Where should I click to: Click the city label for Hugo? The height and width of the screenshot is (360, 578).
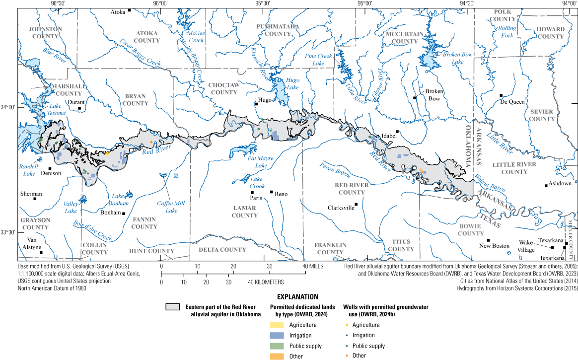pyautogui.click(x=265, y=100)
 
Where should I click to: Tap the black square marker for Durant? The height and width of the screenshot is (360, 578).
pyautogui.click(x=79, y=108)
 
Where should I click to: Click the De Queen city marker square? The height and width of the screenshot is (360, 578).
pyautogui.click(x=501, y=95)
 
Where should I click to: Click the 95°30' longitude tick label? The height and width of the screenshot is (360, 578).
pyautogui.click(x=262, y=3)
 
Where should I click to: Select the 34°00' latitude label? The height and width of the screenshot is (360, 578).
pyautogui.click(x=9, y=107)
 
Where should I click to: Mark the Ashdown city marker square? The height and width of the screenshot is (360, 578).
pyautogui.click(x=546, y=186)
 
